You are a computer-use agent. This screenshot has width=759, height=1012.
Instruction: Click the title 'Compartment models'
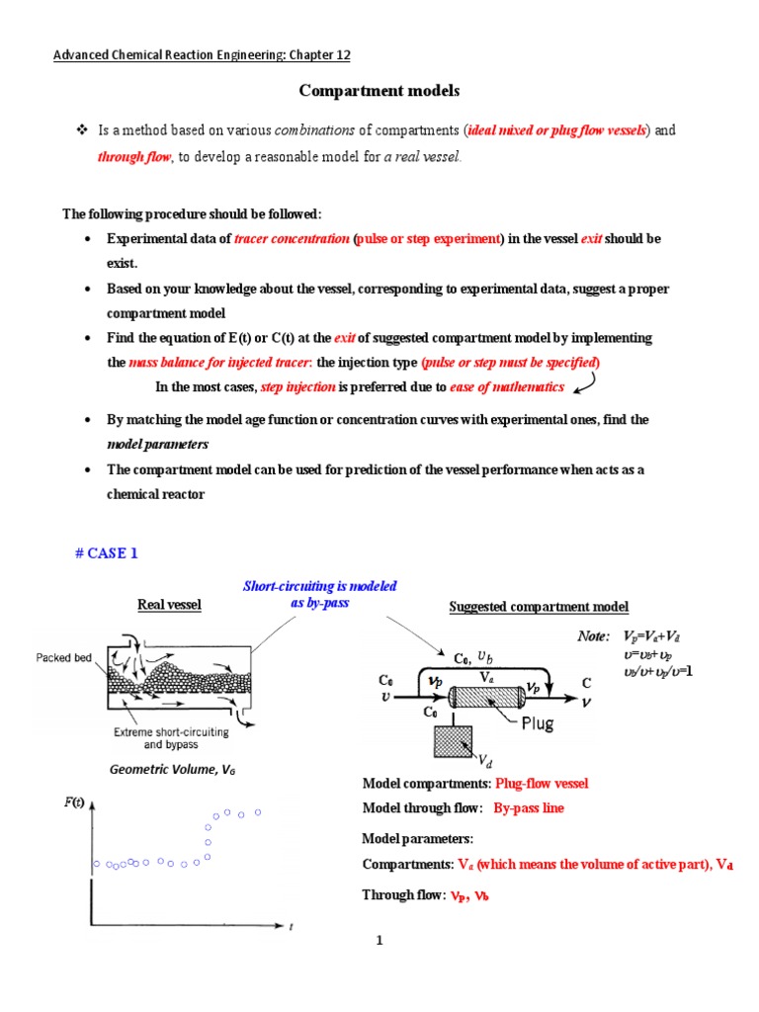pos(379,91)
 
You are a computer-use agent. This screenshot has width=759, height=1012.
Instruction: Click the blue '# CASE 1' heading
pos(106,553)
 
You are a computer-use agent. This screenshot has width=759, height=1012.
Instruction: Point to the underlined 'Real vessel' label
pos(168,605)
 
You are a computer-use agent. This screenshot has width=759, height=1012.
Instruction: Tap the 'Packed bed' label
pos(63,658)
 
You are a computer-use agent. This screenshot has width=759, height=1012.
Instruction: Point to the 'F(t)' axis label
pos(74,801)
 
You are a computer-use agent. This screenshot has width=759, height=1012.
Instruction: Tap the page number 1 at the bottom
pos(379,940)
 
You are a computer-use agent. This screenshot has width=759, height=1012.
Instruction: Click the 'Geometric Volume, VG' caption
pos(162,769)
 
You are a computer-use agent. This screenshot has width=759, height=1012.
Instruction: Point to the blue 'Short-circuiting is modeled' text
pos(320,586)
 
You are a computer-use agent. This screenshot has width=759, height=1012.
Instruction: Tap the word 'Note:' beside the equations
pos(594,636)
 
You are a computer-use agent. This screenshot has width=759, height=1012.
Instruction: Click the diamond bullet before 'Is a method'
pos(83,130)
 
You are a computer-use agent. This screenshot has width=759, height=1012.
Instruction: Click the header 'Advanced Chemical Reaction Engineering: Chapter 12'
pos(202,54)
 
